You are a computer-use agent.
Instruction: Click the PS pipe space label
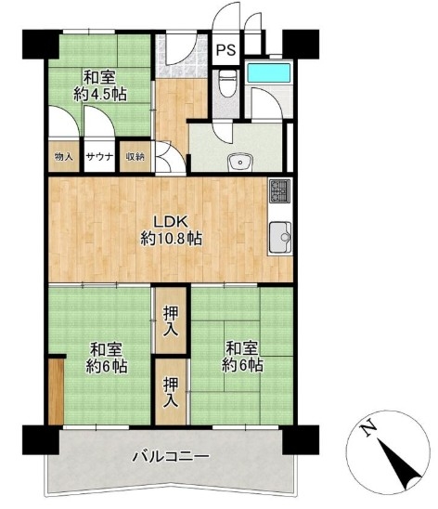[226, 50]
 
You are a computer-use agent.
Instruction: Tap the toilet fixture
[227, 84]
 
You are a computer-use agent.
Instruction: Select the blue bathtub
[269, 73]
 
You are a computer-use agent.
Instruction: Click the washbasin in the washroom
[240, 162]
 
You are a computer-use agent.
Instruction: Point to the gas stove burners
[280, 191]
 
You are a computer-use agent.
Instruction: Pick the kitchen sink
[280, 238]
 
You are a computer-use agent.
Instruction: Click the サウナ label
[99, 157]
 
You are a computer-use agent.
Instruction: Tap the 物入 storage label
[63, 157]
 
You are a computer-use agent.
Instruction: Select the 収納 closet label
[135, 157]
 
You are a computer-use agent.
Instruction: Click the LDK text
[171, 223]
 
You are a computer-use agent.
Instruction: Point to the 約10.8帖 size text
[171, 240]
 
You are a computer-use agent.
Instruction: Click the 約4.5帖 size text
[100, 95]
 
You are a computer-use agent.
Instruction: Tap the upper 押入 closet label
[171, 321]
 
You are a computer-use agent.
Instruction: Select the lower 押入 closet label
[171, 392]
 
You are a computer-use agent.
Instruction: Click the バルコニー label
[171, 456]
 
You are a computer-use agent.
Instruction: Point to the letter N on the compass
[368, 430]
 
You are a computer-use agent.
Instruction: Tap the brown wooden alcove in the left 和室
[56, 391]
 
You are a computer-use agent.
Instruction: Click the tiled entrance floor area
[182, 56]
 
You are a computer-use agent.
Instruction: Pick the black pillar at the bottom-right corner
[301, 440]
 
